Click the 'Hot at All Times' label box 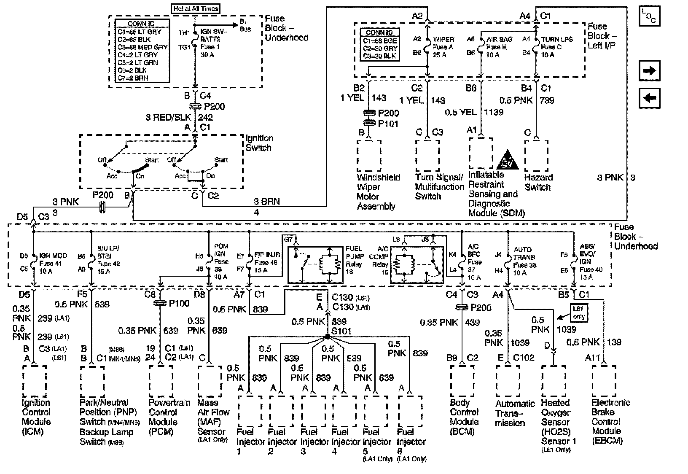196,8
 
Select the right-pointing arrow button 649,70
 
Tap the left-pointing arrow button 649,98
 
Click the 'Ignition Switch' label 259,143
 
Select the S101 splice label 342,331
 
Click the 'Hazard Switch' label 538,182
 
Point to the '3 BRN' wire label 266,202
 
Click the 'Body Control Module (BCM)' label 464,417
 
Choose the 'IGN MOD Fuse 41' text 50,263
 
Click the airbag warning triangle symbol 507,162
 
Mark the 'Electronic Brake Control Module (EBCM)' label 610,422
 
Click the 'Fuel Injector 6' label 411,442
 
